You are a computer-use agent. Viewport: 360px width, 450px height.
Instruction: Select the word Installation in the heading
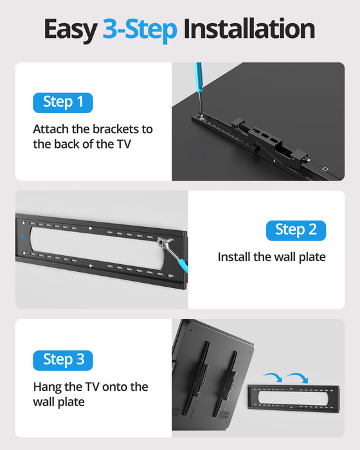[249, 30]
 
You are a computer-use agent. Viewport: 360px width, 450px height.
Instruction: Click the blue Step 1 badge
[63, 102]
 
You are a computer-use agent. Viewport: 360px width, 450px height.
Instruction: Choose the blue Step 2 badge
[295, 230]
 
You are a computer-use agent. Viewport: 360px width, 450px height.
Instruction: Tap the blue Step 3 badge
[63, 359]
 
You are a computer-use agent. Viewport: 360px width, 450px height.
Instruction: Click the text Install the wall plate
[271, 257]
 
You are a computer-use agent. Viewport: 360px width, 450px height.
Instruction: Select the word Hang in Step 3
[47, 386]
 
